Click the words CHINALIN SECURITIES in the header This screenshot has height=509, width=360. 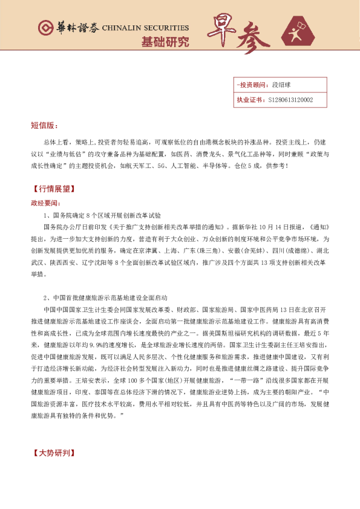click(145, 28)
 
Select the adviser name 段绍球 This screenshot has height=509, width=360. click(282, 85)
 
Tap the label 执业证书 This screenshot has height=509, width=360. click(248, 100)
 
